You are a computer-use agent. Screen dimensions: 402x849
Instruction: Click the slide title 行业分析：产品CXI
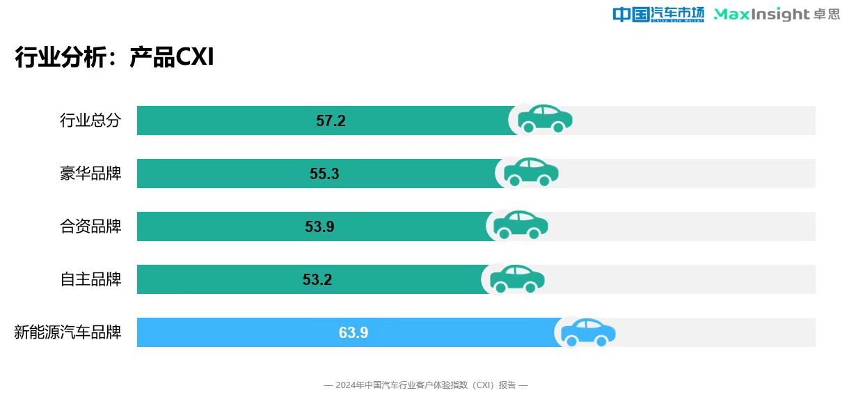pyautogui.click(x=114, y=58)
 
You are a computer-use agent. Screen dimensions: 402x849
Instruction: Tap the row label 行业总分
pyautogui.click(x=90, y=121)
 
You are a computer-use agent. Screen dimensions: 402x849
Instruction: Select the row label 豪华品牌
pyautogui.click(x=90, y=173)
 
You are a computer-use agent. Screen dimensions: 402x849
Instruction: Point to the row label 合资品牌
pyautogui.click(x=90, y=226)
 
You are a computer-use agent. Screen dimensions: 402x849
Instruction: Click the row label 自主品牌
pyautogui.click(x=90, y=279)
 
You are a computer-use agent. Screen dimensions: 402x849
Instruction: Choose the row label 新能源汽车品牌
pyautogui.click(x=68, y=332)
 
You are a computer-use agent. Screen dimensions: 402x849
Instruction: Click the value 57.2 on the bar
pyautogui.click(x=331, y=121)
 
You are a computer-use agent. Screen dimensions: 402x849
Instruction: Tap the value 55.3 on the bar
pyautogui.click(x=324, y=174)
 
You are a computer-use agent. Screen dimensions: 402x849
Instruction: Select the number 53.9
pyautogui.click(x=319, y=227)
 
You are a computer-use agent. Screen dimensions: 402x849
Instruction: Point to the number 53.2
pyautogui.click(x=317, y=280)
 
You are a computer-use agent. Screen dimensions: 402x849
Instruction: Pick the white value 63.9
pyautogui.click(x=354, y=333)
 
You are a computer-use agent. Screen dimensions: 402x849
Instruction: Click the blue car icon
pyautogui.click(x=588, y=332)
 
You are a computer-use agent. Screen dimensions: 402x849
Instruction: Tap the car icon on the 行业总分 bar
pyautogui.click(x=544, y=119)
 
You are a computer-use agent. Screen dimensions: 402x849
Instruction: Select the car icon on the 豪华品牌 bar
pyautogui.click(x=530, y=172)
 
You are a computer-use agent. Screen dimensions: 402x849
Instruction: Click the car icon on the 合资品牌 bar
pyautogui.click(x=521, y=225)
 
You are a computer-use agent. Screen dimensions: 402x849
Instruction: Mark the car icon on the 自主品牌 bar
pyautogui.click(x=517, y=278)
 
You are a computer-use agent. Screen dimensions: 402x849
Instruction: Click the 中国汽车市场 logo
pyautogui.click(x=658, y=14)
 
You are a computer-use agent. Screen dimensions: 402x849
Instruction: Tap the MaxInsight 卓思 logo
pyautogui.click(x=777, y=14)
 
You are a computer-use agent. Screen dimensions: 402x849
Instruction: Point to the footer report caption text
pyautogui.click(x=426, y=385)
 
